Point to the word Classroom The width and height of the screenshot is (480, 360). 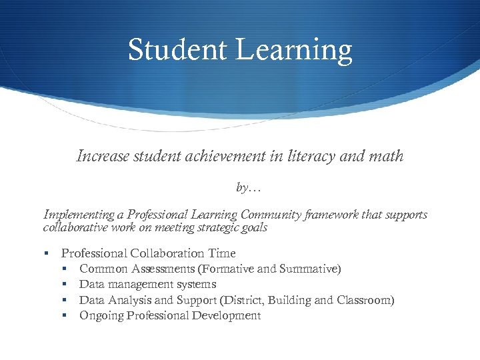pos(366,300)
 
